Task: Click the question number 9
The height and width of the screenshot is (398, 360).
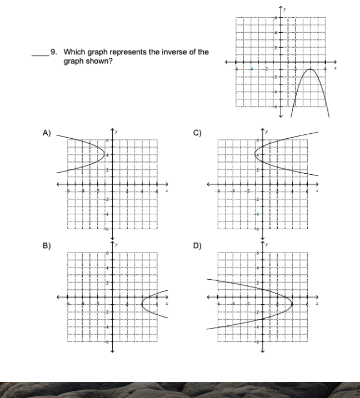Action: pos(54,52)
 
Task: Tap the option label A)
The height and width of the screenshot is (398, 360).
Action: pos(47,132)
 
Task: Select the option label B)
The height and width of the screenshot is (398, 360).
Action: pos(47,246)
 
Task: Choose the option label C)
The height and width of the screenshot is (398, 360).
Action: pos(197,132)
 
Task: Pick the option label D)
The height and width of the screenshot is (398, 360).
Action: pos(197,246)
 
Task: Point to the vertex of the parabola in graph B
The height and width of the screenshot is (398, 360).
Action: pos(142,303)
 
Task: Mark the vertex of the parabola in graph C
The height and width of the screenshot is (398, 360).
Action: pos(255,154)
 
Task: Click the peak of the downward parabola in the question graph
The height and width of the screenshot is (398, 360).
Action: pos(311,69)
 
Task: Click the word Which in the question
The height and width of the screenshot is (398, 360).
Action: pos(73,52)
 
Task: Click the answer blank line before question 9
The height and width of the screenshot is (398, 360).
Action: pos(39,55)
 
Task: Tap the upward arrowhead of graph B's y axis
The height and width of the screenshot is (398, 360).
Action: pos(112,241)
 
